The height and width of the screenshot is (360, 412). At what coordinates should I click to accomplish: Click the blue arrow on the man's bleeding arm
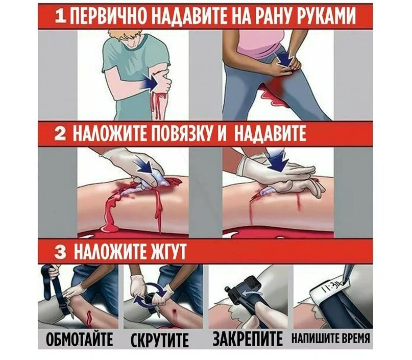(x=150, y=80)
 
